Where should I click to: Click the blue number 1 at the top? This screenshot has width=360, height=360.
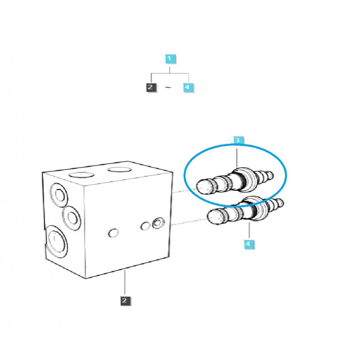point(169,58)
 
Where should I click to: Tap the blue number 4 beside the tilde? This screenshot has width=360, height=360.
point(188,87)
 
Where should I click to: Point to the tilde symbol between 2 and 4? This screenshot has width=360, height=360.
point(168,88)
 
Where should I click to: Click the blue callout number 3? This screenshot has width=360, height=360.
point(238,141)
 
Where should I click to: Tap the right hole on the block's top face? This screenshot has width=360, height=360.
point(118,170)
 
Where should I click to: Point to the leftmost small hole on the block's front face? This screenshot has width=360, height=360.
point(113,233)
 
